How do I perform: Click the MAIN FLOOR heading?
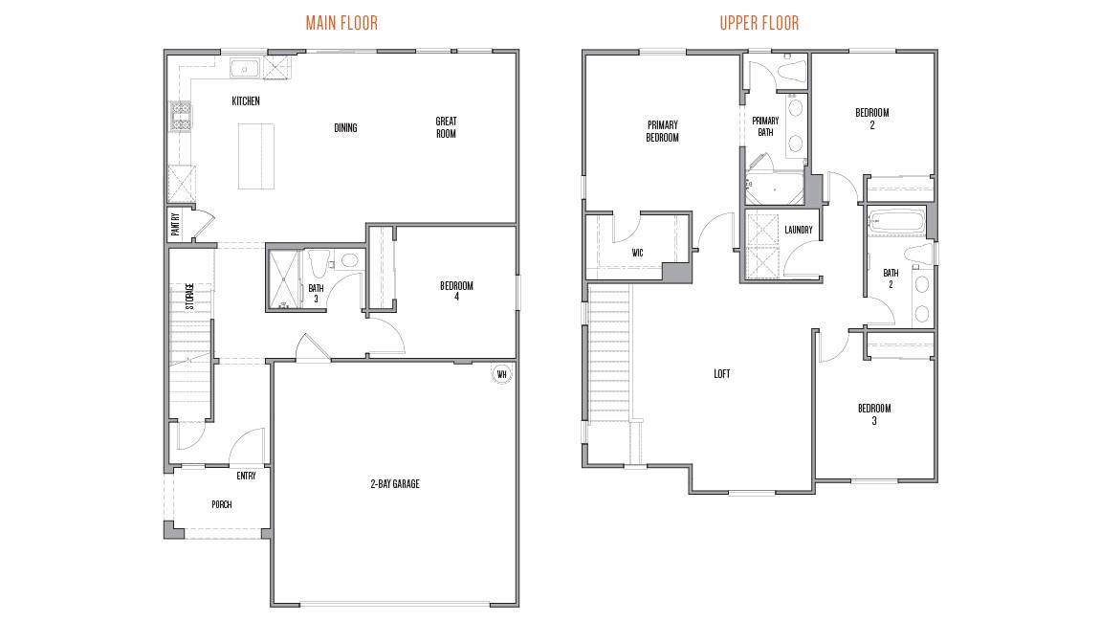[x=341, y=23]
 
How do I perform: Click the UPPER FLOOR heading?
[x=759, y=23]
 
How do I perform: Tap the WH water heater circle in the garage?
[x=501, y=374]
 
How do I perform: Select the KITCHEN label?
[x=246, y=101]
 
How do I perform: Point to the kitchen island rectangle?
[x=255, y=156]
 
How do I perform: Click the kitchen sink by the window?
[x=245, y=70]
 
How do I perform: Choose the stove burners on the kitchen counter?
[x=181, y=116]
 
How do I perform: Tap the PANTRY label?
[x=175, y=225]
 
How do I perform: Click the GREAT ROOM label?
[x=446, y=127]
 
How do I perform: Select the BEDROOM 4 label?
[x=456, y=291]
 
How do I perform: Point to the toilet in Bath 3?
[x=347, y=261]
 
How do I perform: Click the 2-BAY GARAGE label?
[x=395, y=483]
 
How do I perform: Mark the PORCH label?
[x=222, y=504]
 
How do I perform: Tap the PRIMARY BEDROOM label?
[x=662, y=131]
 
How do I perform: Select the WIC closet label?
[x=637, y=253]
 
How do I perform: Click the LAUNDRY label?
[x=799, y=230]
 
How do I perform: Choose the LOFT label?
[x=722, y=374]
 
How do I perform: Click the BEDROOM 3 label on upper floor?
[x=874, y=414]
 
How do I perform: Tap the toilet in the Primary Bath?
[x=792, y=73]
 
